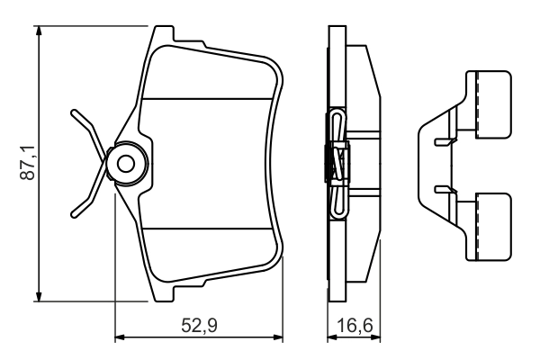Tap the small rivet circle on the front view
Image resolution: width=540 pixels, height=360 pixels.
coord(126,164)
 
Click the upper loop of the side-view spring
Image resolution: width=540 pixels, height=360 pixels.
coord(337,126)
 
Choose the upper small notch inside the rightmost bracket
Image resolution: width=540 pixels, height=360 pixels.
coord(441,141)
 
